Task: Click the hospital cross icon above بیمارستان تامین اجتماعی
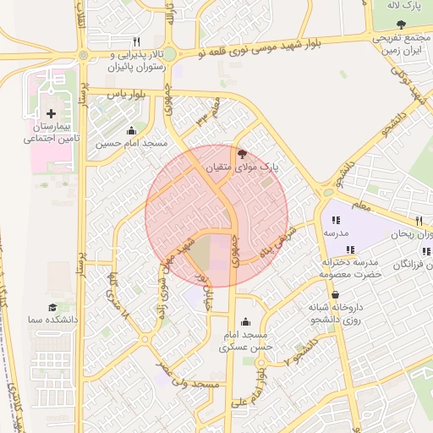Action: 52,113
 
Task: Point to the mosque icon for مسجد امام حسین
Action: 130,130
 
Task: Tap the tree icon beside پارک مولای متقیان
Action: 243,154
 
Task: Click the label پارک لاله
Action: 403,6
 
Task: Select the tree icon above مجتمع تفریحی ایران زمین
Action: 400,25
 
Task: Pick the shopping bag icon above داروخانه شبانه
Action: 336,295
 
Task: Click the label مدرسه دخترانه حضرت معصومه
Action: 348,268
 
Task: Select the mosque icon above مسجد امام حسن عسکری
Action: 245,321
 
